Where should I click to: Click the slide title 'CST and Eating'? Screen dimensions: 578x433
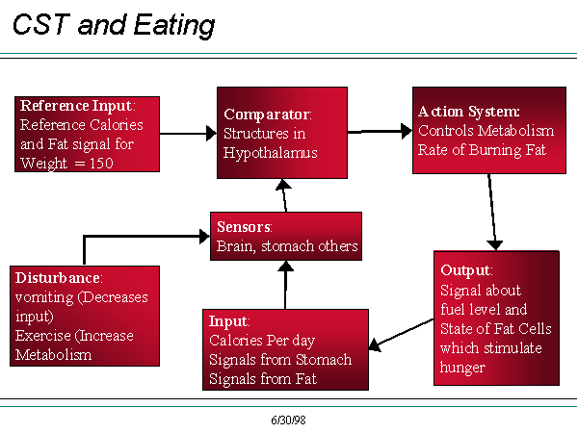(x=114, y=25)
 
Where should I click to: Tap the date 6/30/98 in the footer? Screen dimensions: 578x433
(x=288, y=420)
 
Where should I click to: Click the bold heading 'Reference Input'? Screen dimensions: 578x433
(x=76, y=106)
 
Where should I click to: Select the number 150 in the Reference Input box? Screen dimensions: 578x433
(x=101, y=164)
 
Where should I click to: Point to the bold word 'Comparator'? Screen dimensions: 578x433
(x=267, y=115)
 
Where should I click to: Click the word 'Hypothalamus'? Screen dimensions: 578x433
(x=270, y=153)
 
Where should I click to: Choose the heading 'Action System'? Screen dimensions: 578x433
(x=468, y=112)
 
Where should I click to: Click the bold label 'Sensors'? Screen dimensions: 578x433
(x=244, y=227)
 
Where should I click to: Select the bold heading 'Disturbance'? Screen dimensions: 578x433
(x=58, y=278)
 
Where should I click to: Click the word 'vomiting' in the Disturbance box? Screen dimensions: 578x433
(x=44, y=297)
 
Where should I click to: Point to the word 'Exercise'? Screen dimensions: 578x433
(x=43, y=336)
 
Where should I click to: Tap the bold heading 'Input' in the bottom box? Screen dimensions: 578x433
(x=228, y=321)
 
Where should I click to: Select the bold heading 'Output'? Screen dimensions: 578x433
(x=465, y=270)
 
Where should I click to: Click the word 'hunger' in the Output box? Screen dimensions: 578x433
(x=462, y=368)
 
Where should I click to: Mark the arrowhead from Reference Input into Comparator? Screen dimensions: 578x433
(x=211, y=134)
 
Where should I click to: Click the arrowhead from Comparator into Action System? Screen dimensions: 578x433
(x=407, y=131)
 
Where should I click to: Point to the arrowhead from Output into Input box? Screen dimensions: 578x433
(x=375, y=344)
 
